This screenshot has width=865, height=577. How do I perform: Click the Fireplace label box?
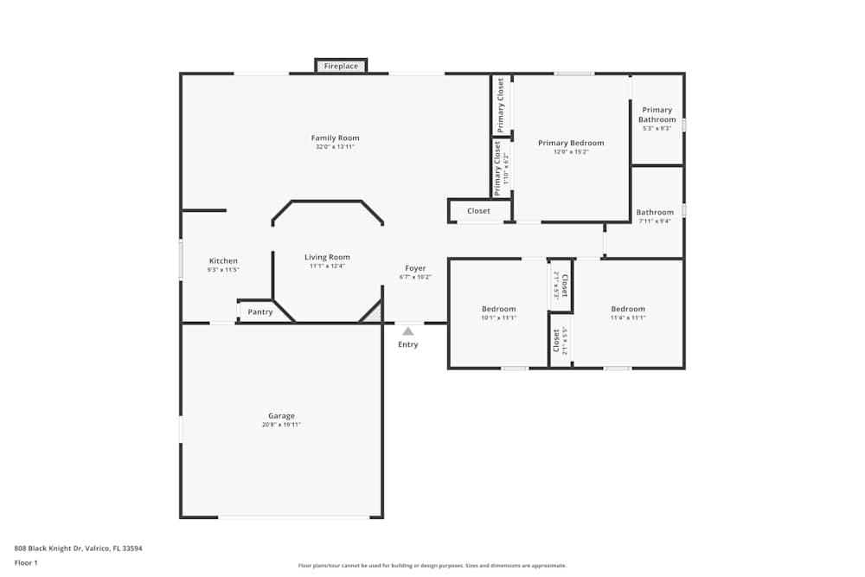coord(341,66)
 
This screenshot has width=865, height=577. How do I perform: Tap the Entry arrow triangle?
coord(407,330)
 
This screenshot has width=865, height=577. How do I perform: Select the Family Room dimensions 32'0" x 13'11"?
coord(336,147)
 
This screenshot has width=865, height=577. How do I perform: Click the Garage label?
coord(281,416)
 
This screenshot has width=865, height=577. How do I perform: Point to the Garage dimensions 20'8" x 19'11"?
coord(281,425)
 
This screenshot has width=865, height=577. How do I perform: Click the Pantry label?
coord(260,312)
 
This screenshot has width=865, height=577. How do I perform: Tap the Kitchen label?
coord(223,261)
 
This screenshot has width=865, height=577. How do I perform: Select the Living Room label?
coord(327,257)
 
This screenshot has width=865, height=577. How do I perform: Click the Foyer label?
coord(415,268)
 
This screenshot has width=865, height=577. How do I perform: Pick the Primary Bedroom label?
coord(571,143)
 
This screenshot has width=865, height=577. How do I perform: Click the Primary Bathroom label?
coord(657,115)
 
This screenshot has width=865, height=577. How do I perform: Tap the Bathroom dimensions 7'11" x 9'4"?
coord(655,221)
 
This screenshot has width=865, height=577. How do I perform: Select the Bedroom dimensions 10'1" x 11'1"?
coord(498,317)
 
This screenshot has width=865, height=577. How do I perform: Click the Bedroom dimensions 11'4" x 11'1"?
coord(628,317)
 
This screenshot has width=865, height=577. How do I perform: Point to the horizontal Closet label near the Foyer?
coord(478,211)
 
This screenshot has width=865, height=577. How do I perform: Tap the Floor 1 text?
coord(26,563)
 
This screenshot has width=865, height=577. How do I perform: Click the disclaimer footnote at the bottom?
coord(432,566)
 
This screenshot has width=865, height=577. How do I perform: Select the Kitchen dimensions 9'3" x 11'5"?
coord(223,270)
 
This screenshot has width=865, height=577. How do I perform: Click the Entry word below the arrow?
coord(407,344)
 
